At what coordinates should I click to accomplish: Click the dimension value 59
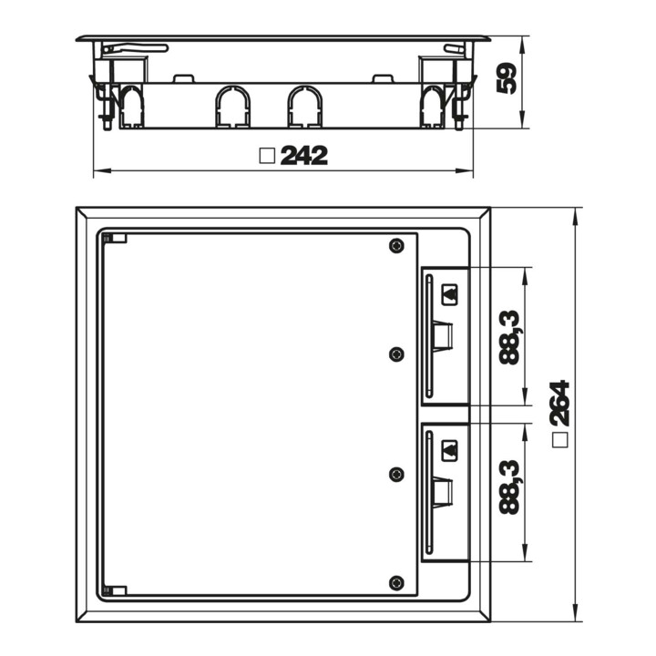click(507, 78)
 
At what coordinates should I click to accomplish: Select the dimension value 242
click(304, 156)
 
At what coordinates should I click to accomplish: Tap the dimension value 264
click(559, 403)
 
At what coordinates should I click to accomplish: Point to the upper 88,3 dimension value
click(509, 338)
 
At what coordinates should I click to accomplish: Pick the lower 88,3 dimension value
click(509, 487)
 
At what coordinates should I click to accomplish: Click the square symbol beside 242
click(267, 156)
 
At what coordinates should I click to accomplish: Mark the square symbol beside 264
click(559, 440)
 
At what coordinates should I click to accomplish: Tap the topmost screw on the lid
click(396, 246)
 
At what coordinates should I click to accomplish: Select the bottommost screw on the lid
click(396, 583)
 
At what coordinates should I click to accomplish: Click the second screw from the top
click(396, 354)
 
